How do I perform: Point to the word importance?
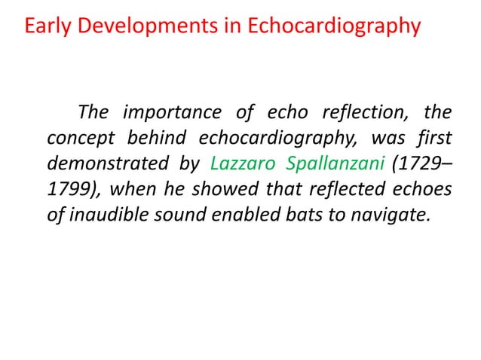(x=168, y=114)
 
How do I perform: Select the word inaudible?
(x=107, y=214)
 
